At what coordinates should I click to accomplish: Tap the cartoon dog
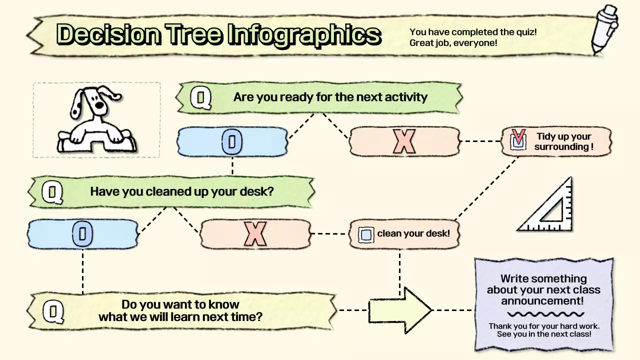click(95, 120)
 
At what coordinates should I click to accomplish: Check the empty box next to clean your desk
click(366, 234)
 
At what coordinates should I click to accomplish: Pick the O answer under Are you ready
click(231, 141)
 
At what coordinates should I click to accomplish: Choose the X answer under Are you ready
click(404, 141)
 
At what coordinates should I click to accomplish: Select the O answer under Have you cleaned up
click(82, 234)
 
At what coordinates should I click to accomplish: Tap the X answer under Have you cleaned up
click(255, 234)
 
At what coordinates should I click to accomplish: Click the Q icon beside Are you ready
click(201, 97)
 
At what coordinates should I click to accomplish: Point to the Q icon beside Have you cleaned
click(52, 192)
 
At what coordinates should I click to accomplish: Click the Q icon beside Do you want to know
click(53, 311)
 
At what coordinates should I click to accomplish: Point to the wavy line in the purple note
click(545, 314)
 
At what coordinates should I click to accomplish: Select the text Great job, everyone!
click(453, 43)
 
